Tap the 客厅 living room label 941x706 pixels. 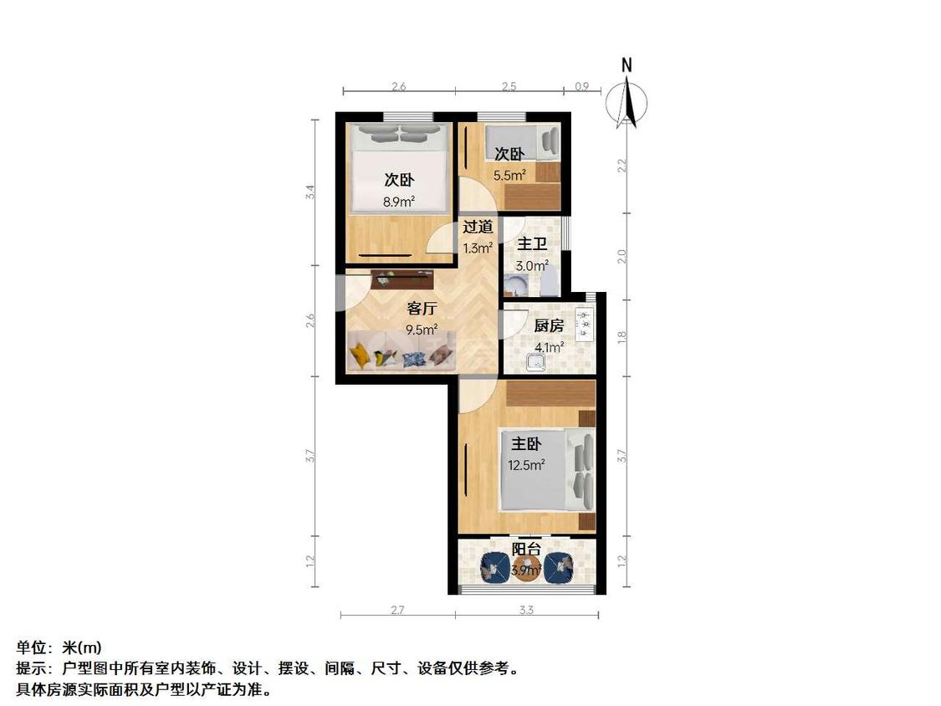tap(422, 308)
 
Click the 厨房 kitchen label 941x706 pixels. tap(549, 326)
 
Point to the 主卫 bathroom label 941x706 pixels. tap(532, 244)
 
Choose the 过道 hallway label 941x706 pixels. tap(478, 226)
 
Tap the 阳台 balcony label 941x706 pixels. tap(526, 550)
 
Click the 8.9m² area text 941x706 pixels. tap(399, 201)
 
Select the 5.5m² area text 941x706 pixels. tap(509, 175)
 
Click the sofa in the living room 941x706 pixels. tap(401, 352)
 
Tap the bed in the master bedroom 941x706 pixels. tap(547, 469)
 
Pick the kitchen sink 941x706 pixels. tap(535, 361)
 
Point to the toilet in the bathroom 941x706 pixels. tap(550, 285)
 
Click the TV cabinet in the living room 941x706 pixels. tap(401, 279)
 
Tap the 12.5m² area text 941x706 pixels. tap(526, 465)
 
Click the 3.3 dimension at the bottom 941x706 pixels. tap(526, 611)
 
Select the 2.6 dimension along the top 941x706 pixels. tap(399, 86)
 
